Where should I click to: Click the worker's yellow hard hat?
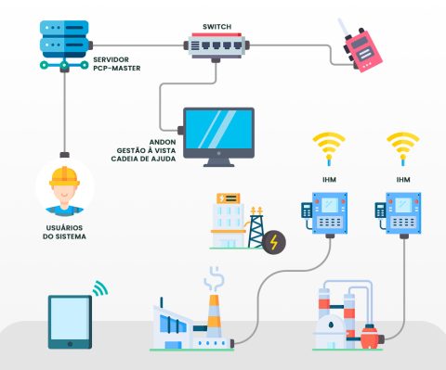point(64,175)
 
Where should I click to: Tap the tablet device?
point(71,321)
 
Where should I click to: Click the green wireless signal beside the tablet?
point(99,288)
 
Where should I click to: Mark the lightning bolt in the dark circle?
point(274,243)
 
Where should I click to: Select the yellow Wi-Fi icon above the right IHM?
point(402,147)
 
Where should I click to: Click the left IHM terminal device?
point(326,212)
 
